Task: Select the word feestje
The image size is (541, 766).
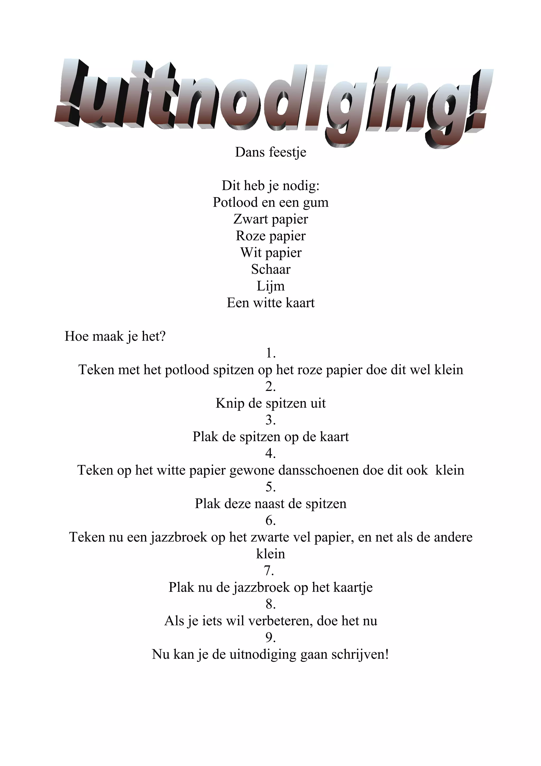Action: click(288, 152)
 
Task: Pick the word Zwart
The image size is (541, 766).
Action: click(251, 219)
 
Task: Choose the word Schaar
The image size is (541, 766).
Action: click(271, 269)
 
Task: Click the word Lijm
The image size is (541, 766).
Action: click(271, 286)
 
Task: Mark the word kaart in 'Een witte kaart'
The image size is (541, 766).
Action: click(300, 303)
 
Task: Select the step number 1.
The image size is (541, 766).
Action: click(270, 353)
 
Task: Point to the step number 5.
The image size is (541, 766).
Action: click(270, 487)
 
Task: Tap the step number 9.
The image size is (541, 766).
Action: click(270, 638)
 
